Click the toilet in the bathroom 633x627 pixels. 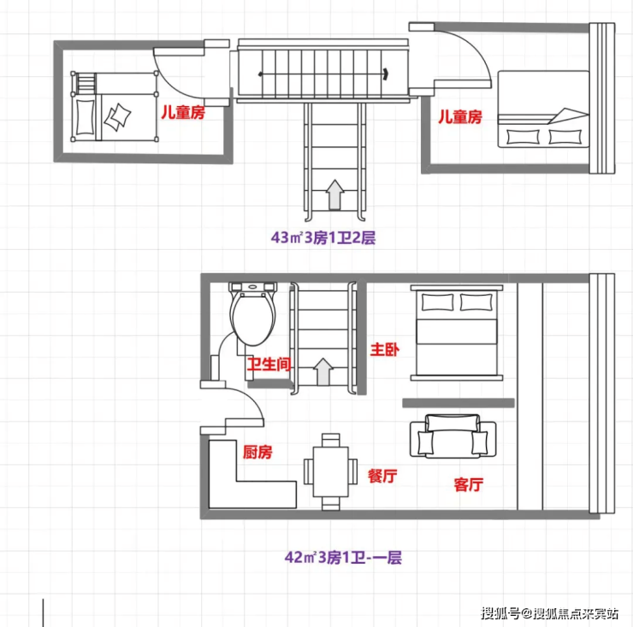pos(253,314)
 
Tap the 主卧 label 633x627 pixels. pos(385,349)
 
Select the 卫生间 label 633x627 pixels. pos(269,364)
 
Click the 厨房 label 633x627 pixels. pos(257,453)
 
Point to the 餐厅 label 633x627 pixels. pos(382,476)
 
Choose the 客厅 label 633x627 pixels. pos(469,484)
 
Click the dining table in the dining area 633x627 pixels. pos(331,471)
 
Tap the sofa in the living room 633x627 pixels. pos(453,436)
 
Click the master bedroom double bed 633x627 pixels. pos(457,333)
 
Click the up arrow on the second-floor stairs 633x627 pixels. pos(334,194)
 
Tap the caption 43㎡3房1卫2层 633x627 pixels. pos(323,238)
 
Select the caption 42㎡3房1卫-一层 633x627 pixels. pos(343,558)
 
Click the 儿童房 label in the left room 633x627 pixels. pos(183,112)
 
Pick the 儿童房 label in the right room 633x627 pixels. pos(460,116)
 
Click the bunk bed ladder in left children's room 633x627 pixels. pos(86,83)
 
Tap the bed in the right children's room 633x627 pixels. pos(543,109)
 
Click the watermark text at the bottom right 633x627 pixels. pos(549,613)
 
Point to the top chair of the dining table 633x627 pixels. pos(331,440)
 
